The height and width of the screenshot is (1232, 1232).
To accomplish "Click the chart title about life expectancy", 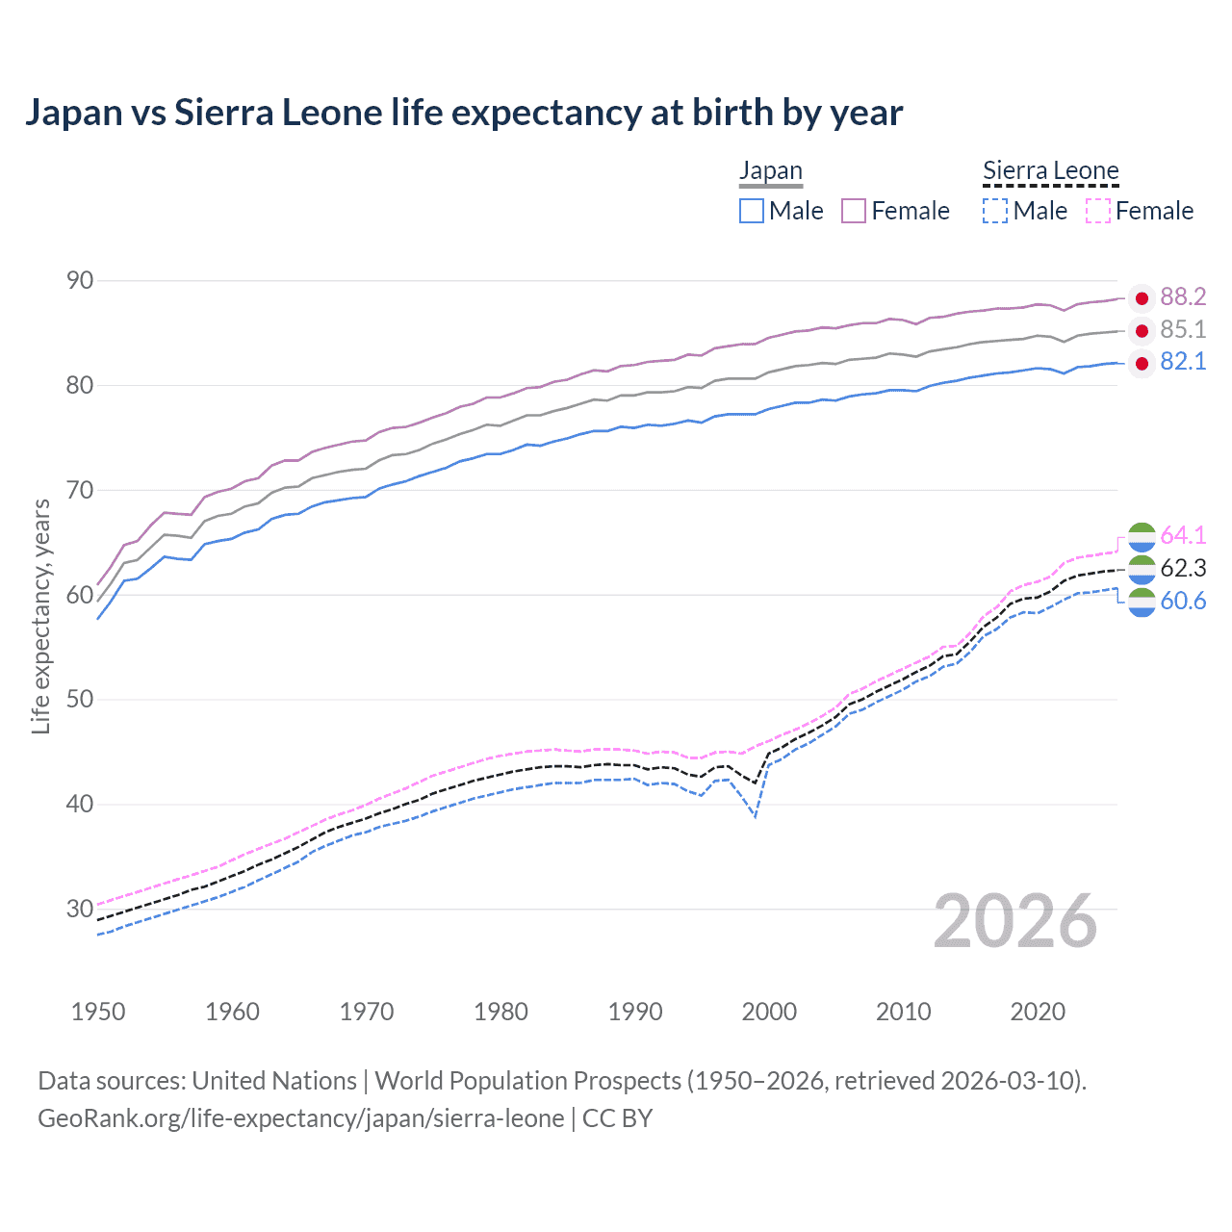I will pyautogui.click(x=463, y=113).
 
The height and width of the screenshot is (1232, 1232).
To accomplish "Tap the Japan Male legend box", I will pyautogui.click(x=752, y=211).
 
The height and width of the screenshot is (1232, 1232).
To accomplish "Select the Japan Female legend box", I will pyautogui.click(x=854, y=211).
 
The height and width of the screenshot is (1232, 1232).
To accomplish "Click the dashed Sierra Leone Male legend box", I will pyautogui.click(x=995, y=211).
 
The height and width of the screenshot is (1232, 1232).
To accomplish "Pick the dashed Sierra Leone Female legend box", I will pyautogui.click(x=1098, y=211).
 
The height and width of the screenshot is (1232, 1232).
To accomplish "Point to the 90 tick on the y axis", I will pyautogui.click(x=81, y=281).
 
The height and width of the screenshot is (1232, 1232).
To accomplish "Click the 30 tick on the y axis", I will pyautogui.click(x=81, y=909).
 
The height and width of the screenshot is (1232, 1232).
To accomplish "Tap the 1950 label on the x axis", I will pyautogui.click(x=98, y=1012).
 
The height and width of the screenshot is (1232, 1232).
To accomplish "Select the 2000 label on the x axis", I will pyautogui.click(x=769, y=1012).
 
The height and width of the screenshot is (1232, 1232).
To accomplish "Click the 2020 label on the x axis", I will pyautogui.click(x=1038, y=1012).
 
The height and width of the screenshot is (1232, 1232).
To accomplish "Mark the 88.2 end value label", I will pyautogui.click(x=1183, y=297).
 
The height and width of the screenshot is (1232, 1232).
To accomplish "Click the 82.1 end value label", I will pyautogui.click(x=1183, y=362).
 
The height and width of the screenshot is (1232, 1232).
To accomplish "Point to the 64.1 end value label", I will pyautogui.click(x=1183, y=535).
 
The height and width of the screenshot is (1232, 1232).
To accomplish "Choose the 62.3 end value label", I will pyautogui.click(x=1183, y=568).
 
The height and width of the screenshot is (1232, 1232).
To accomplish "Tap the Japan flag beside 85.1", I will pyautogui.click(x=1142, y=330).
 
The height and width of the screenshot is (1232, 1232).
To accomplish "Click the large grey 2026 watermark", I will pyautogui.click(x=1015, y=922).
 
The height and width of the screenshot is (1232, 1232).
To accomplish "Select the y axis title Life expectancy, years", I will pyautogui.click(x=40, y=616).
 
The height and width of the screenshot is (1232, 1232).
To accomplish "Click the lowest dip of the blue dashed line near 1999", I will pyautogui.click(x=756, y=817).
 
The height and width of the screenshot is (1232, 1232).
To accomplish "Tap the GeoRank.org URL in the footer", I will pyautogui.click(x=301, y=1118).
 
